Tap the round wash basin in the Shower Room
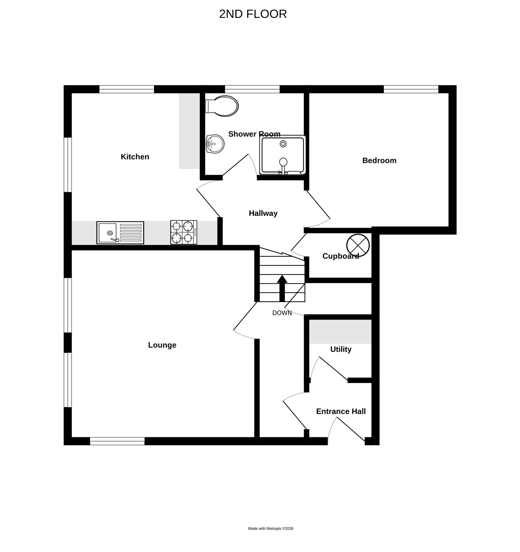click(215, 144)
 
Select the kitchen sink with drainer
click(120, 233)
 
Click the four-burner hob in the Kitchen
click(184, 232)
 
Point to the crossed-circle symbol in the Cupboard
click(358, 245)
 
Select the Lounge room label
click(162, 345)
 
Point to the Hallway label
click(263, 213)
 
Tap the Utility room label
click(341, 349)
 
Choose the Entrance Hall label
click(341, 411)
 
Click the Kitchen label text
click(135, 157)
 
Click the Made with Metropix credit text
click(271, 528)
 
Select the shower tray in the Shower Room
click(282, 155)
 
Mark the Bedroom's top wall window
click(411, 89)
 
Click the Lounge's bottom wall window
click(117, 441)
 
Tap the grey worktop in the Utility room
click(340, 332)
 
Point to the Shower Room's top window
click(252, 89)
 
